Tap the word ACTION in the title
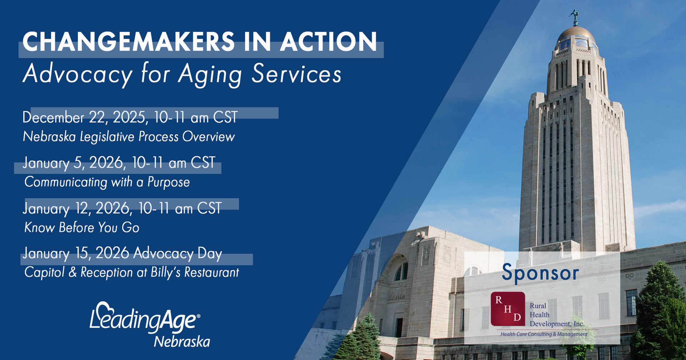pos(329,42)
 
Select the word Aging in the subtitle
pos(210,75)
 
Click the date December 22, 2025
pos(84,117)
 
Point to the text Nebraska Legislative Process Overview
pos(129,137)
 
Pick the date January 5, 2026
pos(74,163)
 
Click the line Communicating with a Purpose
pos(107,182)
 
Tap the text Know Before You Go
pos(81,227)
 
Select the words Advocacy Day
pos(178,253)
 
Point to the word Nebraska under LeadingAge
pos(182,342)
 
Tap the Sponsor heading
pos(540,273)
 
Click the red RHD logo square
pos(508,309)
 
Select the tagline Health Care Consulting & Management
pos(544,334)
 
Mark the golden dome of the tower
pos(576,35)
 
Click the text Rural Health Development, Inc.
pos(557,315)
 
